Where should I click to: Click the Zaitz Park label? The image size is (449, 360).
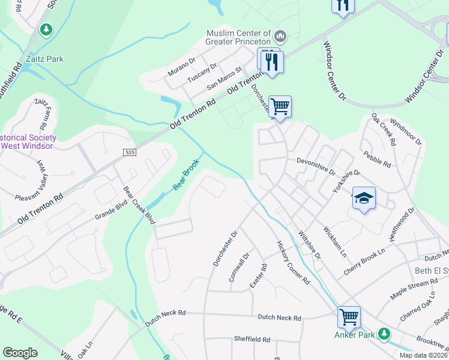[x=45, y=59]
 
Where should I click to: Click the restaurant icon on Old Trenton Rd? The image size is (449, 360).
[x=271, y=61]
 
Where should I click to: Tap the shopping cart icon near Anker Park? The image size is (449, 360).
[x=349, y=317]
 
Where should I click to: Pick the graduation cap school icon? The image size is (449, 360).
[x=364, y=198]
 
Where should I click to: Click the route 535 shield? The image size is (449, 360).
[x=130, y=153]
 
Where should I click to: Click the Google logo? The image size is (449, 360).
[x=20, y=353]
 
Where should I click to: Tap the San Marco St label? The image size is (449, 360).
[x=224, y=79]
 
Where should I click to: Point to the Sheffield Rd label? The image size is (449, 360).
[x=252, y=339]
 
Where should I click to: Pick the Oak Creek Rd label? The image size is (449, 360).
[x=384, y=130]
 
